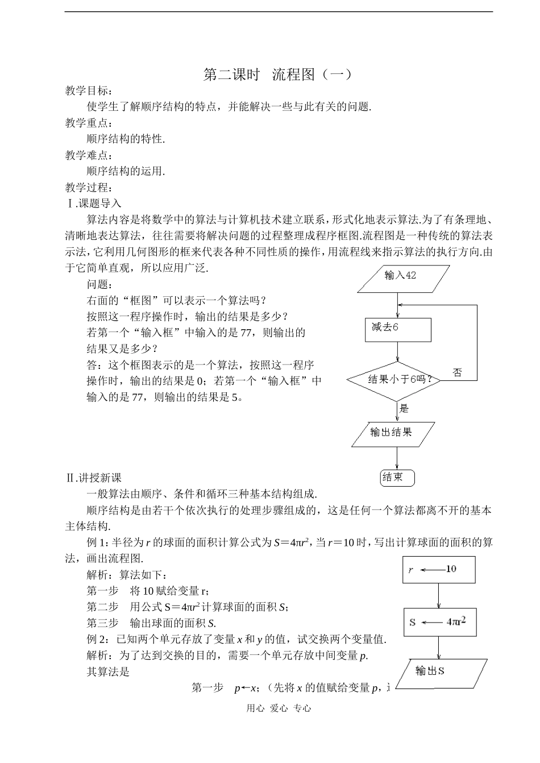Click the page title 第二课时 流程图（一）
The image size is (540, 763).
[x=278, y=74]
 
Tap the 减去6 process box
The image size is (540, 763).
[x=397, y=329]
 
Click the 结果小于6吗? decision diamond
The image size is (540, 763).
[x=396, y=380]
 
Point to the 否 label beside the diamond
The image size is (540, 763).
[x=457, y=372]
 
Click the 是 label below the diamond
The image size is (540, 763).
[x=404, y=408]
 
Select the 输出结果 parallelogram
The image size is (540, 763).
[x=393, y=434]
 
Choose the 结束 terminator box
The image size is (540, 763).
[x=397, y=478]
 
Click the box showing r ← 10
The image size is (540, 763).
[x=439, y=569]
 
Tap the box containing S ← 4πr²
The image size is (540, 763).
[x=439, y=622]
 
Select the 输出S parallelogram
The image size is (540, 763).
[x=441, y=673]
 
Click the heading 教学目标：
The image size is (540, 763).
[x=89, y=91]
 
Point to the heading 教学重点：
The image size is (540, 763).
[x=89, y=123]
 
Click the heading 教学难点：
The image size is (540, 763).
[x=89, y=155]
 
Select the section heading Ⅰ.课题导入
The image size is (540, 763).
[x=94, y=203]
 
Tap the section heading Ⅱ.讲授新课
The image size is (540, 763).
[x=94, y=478]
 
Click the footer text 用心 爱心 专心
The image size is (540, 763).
[x=279, y=708]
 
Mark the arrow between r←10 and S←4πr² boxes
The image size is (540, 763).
[x=439, y=596]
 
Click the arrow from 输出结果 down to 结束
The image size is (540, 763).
[x=397, y=458]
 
